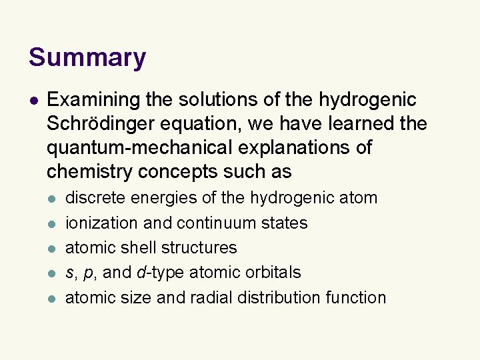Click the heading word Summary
point(87,57)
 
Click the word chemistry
point(89,171)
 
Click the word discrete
point(95,198)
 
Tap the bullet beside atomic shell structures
point(53,249)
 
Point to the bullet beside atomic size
point(53,298)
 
